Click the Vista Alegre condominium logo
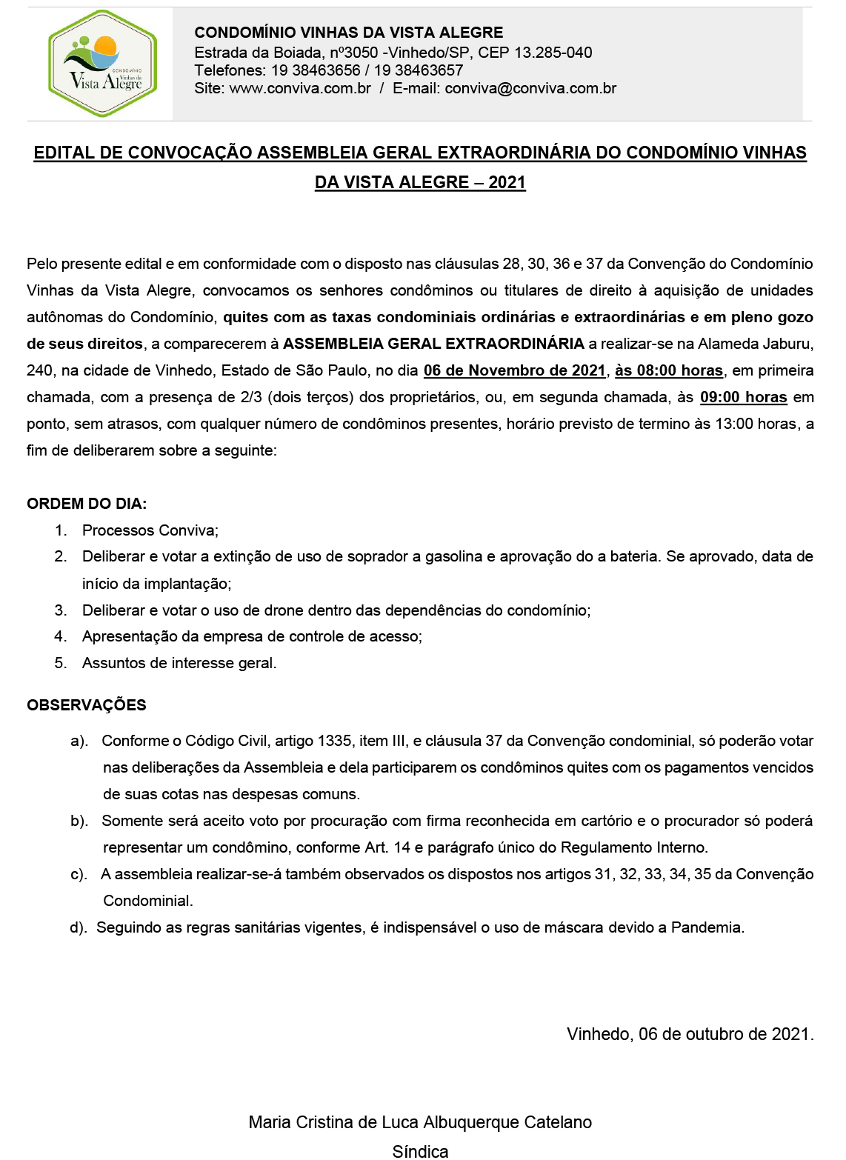(x=102, y=64)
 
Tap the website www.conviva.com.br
(x=300, y=88)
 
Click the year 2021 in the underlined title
(x=507, y=182)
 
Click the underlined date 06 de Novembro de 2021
(x=515, y=370)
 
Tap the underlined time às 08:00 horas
(x=669, y=370)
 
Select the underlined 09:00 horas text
(x=743, y=397)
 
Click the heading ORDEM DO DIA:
(x=87, y=504)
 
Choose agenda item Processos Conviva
(x=150, y=530)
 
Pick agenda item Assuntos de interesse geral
(x=179, y=663)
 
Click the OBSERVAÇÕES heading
(x=87, y=705)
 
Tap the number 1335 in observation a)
(x=334, y=741)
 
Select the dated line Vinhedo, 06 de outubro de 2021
(x=690, y=1034)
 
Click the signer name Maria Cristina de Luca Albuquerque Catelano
(x=420, y=1122)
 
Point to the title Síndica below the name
(x=420, y=1151)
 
